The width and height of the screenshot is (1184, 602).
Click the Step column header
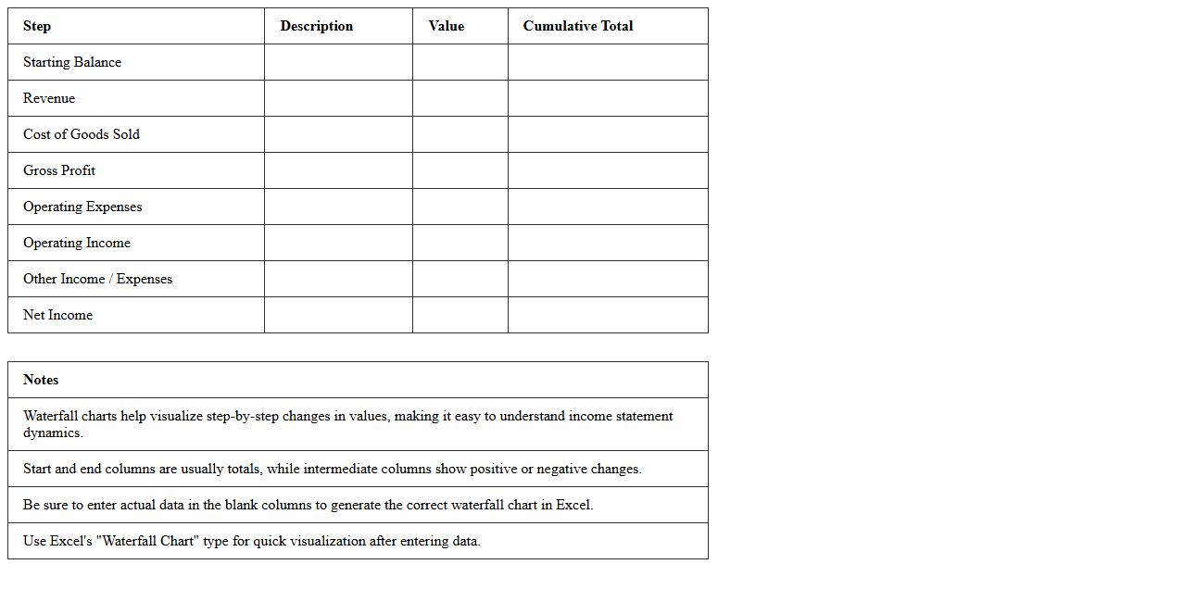point(37,26)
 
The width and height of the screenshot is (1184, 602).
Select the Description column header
point(316,26)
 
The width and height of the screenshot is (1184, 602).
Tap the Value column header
point(446,26)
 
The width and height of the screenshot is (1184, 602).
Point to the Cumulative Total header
point(577,26)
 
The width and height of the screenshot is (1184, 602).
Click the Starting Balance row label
point(72,62)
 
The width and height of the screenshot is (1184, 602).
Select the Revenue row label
point(49,98)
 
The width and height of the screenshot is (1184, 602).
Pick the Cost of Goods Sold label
point(82,134)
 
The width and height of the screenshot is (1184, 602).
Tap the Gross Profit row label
point(59,170)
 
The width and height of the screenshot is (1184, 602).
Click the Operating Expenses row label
point(82,207)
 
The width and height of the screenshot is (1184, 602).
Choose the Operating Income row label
point(77,243)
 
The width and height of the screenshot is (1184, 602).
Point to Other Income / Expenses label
point(97,279)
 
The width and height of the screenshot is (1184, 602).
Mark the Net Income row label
point(57,315)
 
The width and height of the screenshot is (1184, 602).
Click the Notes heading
point(41,380)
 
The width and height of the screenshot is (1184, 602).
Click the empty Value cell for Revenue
point(460,98)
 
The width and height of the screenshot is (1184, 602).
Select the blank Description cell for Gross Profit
point(338,170)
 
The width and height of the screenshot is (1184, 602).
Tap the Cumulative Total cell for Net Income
point(608,315)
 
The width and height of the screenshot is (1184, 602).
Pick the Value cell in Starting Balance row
point(460,62)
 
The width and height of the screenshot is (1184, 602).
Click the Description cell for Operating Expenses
point(338,207)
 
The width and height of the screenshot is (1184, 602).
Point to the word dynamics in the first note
point(53,433)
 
